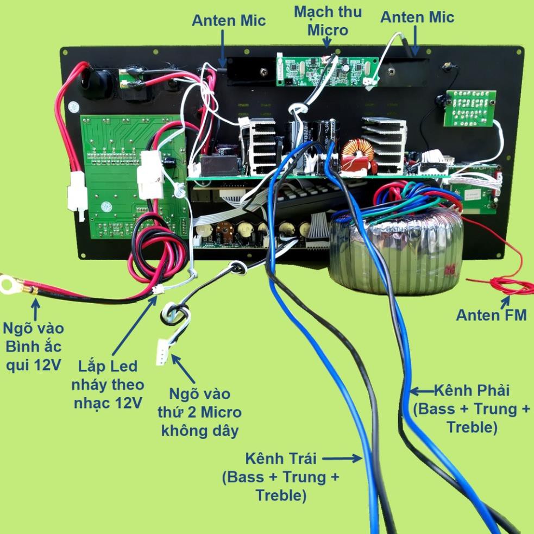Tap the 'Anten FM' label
(491, 315)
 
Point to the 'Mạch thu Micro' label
(328, 21)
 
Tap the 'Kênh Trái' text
(281, 458)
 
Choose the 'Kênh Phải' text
(472, 390)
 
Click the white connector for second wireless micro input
(162, 352)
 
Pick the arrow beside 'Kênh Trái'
(342, 458)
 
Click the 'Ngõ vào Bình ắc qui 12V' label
(33, 347)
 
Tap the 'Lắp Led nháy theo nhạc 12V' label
(108, 385)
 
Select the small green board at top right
(470, 108)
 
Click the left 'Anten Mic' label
(229, 21)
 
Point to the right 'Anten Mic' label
(417, 17)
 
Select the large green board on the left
(134, 177)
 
